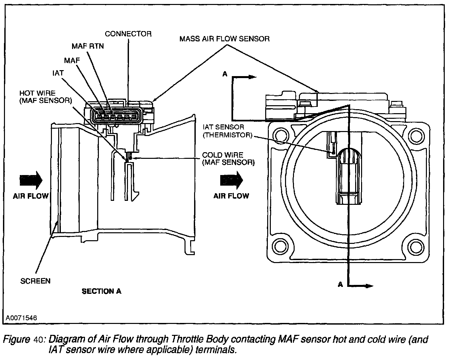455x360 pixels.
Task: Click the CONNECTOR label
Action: pyautogui.click(x=128, y=34)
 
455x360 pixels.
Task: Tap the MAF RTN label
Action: pyautogui.click(x=88, y=46)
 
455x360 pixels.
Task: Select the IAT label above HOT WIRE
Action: pyautogui.click(x=58, y=73)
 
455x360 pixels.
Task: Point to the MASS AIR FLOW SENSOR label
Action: pyautogui.click(x=225, y=39)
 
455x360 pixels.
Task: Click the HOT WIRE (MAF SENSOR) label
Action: pyautogui.click(x=46, y=97)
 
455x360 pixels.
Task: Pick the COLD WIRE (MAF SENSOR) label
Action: pyautogui.click(x=228, y=159)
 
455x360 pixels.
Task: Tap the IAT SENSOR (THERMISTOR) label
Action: pyautogui.click(x=227, y=131)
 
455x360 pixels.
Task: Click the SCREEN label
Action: pyautogui.click(x=35, y=281)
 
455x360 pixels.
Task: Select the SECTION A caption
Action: pyautogui.click(x=102, y=291)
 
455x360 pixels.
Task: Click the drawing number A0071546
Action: pyautogui.click(x=21, y=318)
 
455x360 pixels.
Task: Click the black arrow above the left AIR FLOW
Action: pyautogui.click(x=31, y=180)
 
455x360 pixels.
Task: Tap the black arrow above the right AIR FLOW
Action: pyautogui.click(x=231, y=180)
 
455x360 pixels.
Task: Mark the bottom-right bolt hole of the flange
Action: pyautogui.click(x=416, y=247)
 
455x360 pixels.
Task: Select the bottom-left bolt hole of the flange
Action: pyautogui.click(x=281, y=247)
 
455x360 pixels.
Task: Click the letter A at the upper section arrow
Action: pyautogui.click(x=225, y=74)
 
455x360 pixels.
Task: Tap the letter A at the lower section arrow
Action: pyautogui.click(x=340, y=285)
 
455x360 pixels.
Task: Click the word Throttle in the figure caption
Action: pyautogui.click(x=187, y=339)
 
